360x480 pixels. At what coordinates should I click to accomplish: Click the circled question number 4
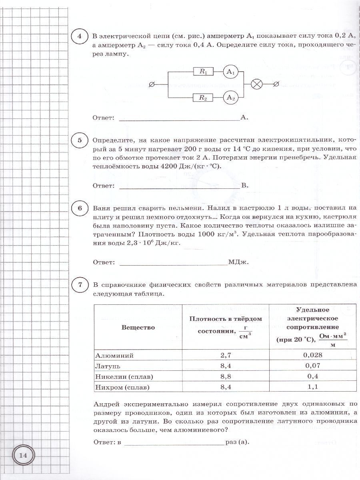click(x=80, y=37)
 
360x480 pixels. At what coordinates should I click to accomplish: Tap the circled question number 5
click(x=80, y=140)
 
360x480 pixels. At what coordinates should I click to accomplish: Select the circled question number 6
click(x=80, y=208)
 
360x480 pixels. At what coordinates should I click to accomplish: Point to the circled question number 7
click(x=80, y=285)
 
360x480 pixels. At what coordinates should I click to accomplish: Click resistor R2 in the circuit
click(x=203, y=97)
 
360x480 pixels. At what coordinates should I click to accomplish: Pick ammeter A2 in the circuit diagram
click(x=230, y=97)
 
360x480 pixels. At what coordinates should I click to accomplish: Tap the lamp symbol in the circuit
click(x=256, y=84)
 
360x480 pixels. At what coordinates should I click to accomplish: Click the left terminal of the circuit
click(x=152, y=84)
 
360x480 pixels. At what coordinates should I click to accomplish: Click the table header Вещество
click(x=138, y=328)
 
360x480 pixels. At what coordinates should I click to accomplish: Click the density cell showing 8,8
click(x=226, y=376)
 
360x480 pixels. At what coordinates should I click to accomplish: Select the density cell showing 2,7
click(x=226, y=355)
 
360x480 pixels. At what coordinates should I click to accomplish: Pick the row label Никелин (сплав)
click(x=124, y=376)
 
